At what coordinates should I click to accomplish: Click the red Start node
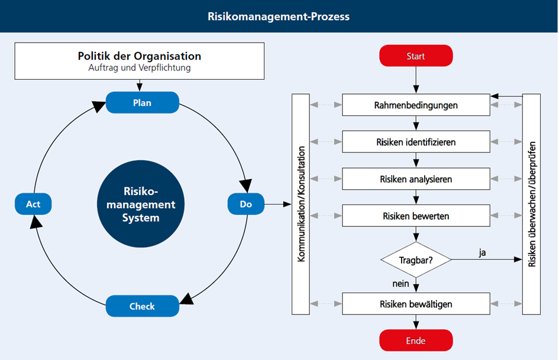(x=416, y=56)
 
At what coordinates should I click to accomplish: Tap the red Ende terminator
(x=416, y=340)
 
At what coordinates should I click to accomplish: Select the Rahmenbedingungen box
(x=416, y=105)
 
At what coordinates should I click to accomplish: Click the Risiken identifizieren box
(x=416, y=142)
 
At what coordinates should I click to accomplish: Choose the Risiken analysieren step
(x=416, y=179)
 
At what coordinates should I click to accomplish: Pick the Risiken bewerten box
(x=416, y=216)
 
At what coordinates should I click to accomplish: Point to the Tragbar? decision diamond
(x=416, y=260)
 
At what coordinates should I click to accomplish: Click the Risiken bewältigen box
(x=416, y=304)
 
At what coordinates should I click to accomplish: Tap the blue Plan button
(x=142, y=102)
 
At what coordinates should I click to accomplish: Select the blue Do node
(x=245, y=204)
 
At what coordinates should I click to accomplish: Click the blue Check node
(x=142, y=306)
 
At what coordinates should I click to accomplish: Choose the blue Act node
(x=33, y=204)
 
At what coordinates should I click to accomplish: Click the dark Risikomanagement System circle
(x=141, y=204)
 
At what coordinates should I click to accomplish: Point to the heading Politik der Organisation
(x=140, y=57)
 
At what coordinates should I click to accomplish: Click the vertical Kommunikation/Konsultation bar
(x=300, y=204)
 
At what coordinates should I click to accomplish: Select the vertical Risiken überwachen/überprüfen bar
(x=531, y=204)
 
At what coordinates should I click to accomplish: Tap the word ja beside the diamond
(x=483, y=252)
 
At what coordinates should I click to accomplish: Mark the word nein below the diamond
(x=400, y=284)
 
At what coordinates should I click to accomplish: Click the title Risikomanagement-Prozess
(x=279, y=16)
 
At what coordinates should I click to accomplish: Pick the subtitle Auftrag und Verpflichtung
(x=140, y=68)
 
